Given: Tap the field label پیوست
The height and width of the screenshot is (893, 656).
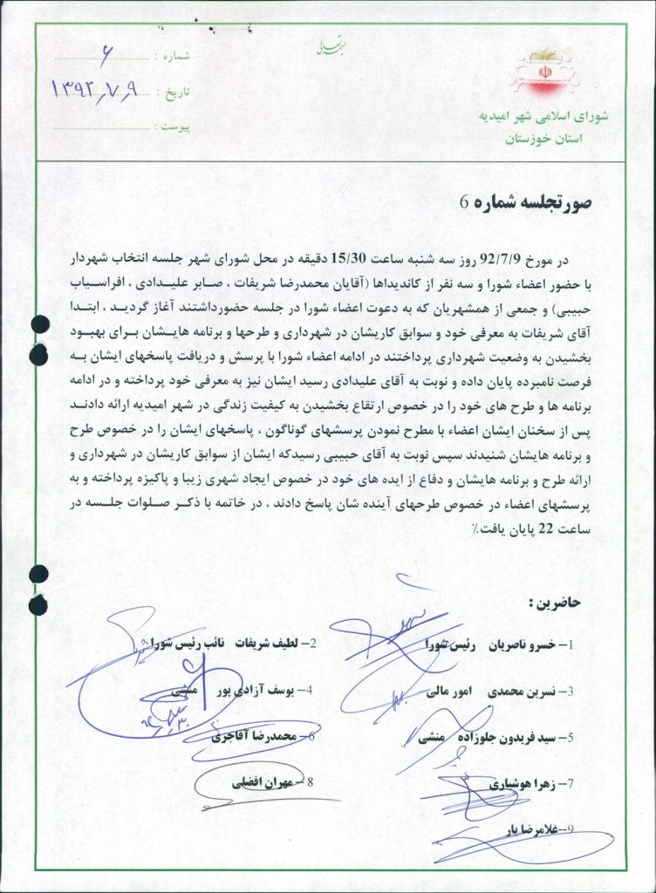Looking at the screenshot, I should coord(174,126).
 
